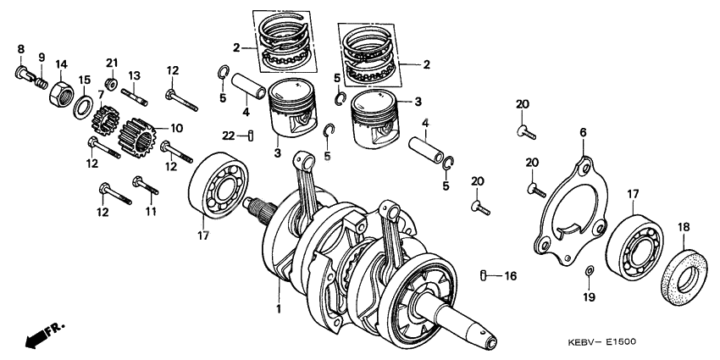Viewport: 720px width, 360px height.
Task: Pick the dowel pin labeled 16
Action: pyautogui.click(x=484, y=275)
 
